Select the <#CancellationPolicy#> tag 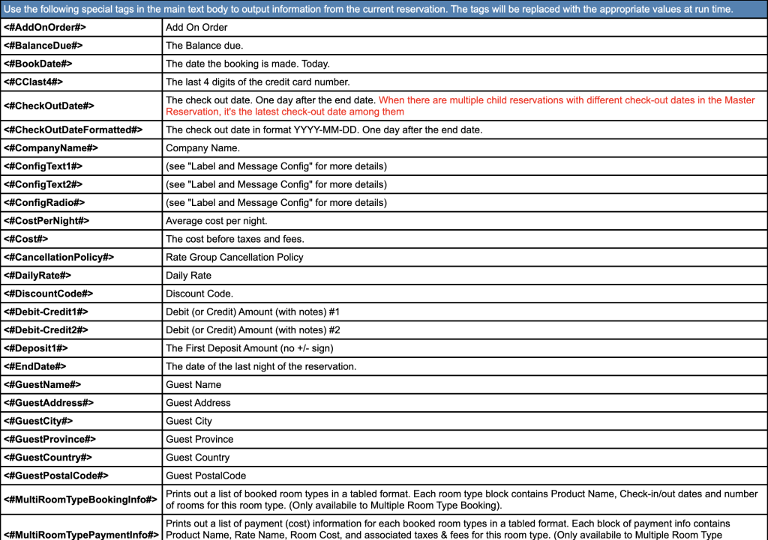pos(59,257)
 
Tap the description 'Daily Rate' pos(188,276)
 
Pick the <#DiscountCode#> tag pos(49,294)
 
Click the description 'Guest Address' pos(198,403)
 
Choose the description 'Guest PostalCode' pos(205,476)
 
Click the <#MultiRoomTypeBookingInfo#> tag pos(81,500)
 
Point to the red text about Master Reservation pos(566,106)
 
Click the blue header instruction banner pos(368,9)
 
